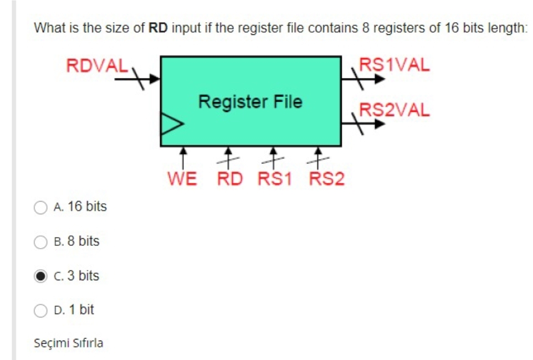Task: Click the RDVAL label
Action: (98, 65)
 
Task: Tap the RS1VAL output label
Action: (394, 65)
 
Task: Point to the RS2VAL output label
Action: (394, 110)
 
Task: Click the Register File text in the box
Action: (250, 102)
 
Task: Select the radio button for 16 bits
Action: (41, 207)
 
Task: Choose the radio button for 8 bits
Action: (41, 241)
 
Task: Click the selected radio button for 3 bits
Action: (41, 276)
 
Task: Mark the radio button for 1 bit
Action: (41, 310)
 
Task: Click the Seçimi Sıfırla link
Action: (68, 343)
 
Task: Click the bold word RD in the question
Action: (158, 28)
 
